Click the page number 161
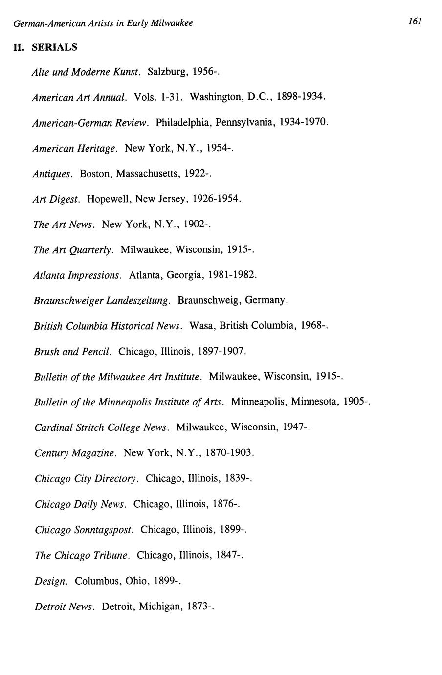click(x=415, y=21)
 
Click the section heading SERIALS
click(x=55, y=47)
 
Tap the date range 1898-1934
click(x=299, y=96)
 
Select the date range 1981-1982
click(x=231, y=275)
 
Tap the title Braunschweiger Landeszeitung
click(x=102, y=300)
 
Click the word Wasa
click(x=201, y=326)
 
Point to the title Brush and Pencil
click(x=73, y=351)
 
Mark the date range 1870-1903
click(x=229, y=453)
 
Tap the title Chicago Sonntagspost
click(x=84, y=530)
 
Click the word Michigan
click(x=160, y=607)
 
